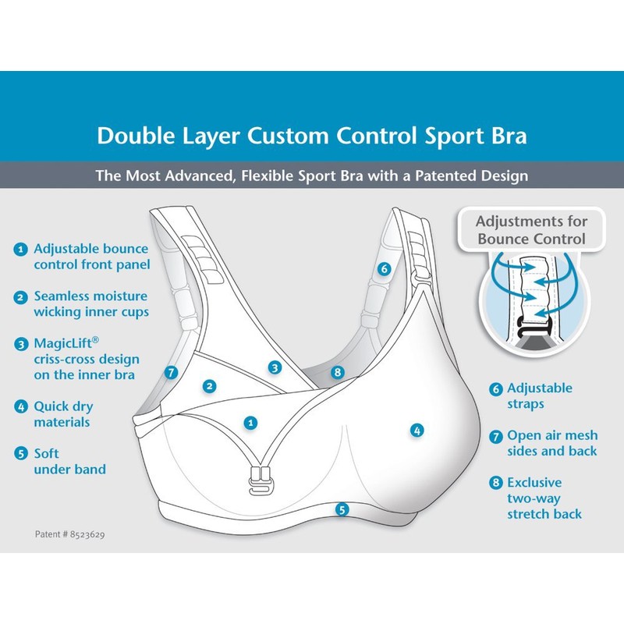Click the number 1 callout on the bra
click(x=250, y=422)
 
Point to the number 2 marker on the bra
click(x=208, y=385)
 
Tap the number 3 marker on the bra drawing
click(x=275, y=367)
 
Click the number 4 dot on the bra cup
click(x=417, y=429)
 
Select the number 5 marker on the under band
click(x=341, y=509)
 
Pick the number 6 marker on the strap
click(x=383, y=269)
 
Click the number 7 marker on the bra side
click(x=172, y=372)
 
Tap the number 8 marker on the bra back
click(x=337, y=373)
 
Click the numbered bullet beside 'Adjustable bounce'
click(x=20, y=250)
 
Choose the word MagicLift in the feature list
click(x=62, y=343)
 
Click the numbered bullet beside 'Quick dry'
click(x=20, y=406)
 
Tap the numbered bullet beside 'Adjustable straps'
click(x=495, y=388)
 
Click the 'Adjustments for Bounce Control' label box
click(x=531, y=229)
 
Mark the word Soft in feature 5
click(x=47, y=453)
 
